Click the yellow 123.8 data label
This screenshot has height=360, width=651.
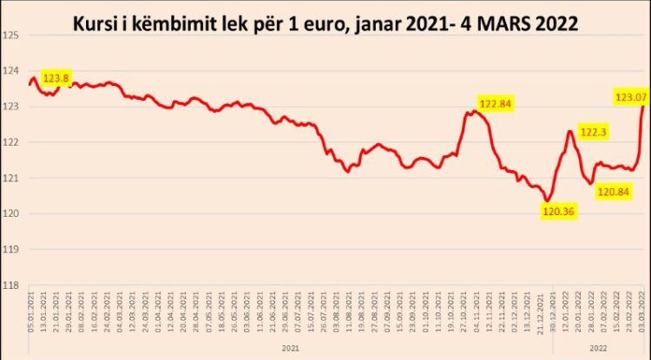(x=55, y=78)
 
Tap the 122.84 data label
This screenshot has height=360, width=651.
(x=492, y=104)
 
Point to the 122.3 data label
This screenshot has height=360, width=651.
(x=593, y=133)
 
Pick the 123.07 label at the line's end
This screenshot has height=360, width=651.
(x=630, y=95)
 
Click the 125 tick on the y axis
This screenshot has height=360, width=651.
(x=10, y=36)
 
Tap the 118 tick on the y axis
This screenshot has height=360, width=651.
(x=10, y=285)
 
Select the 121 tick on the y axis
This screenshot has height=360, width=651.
(x=10, y=178)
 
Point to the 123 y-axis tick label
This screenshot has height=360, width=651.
(x=10, y=107)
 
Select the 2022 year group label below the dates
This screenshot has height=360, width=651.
(x=598, y=346)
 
